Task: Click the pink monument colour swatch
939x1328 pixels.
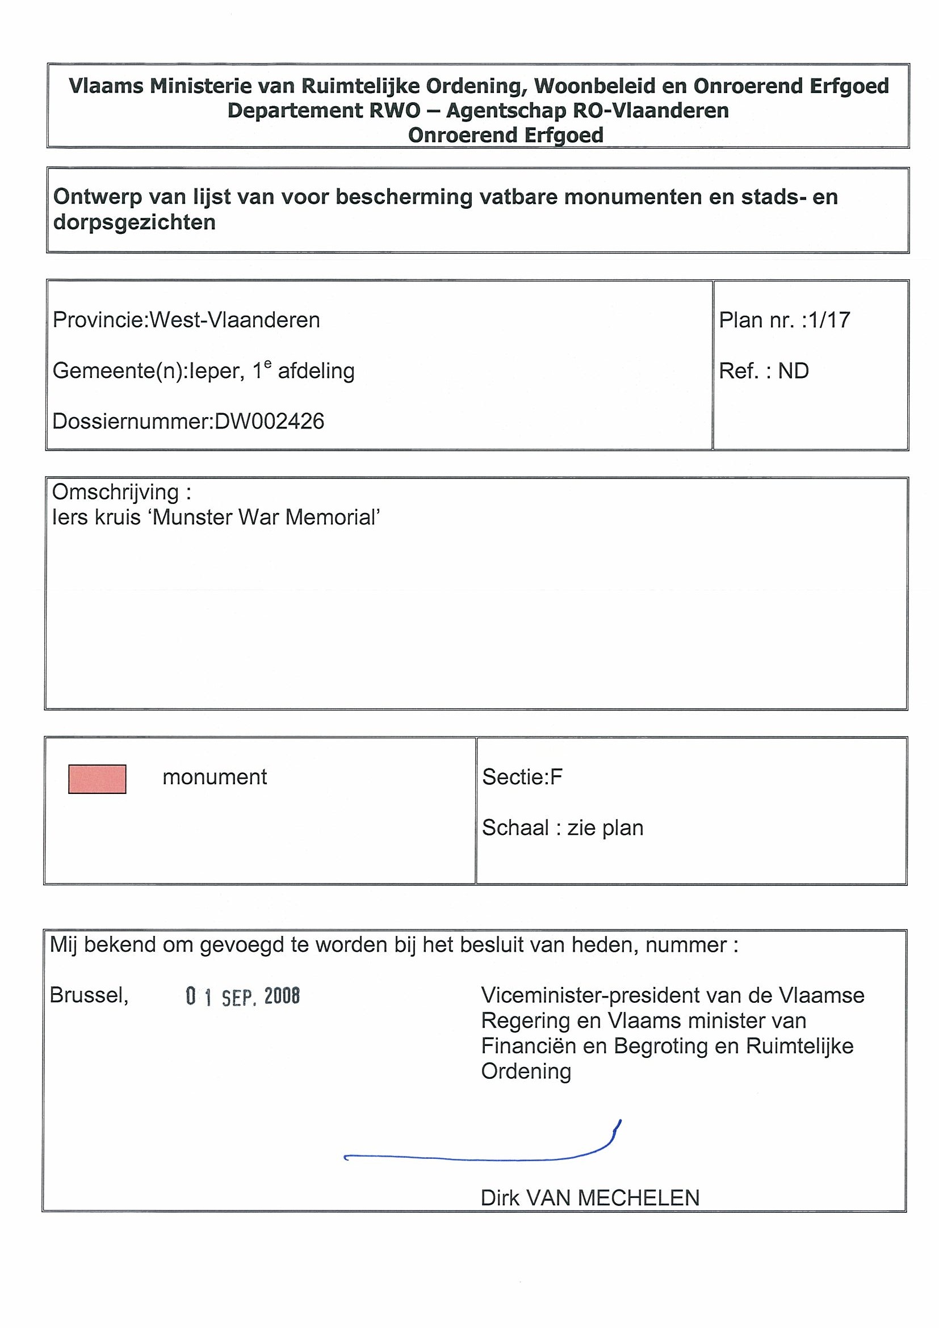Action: tap(97, 779)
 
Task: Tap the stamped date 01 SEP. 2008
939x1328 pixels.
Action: tap(242, 996)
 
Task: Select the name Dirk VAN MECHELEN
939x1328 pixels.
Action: tap(589, 1197)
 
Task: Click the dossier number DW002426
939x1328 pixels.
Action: tap(269, 421)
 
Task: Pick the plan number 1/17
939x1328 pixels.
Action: tap(829, 320)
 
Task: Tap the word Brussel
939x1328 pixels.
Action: tap(89, 995)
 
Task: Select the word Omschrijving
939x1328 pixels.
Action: tap(115, 492)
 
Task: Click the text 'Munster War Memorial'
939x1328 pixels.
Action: tap(266, 517)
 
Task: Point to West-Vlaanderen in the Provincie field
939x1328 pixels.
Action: tap(234, 320)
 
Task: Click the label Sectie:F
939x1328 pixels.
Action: tap(522, 777)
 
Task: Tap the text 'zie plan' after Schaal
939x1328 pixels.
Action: tap(605, 827)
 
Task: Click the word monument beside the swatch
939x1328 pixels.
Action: tap(215, 777)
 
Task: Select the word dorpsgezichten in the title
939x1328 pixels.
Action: tap(134, 222)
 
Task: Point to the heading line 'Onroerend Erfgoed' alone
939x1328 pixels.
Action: tap(506, 135)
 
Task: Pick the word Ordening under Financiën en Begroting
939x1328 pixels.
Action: tap(526, 1071)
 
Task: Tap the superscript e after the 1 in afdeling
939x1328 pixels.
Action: tap(268, 364)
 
